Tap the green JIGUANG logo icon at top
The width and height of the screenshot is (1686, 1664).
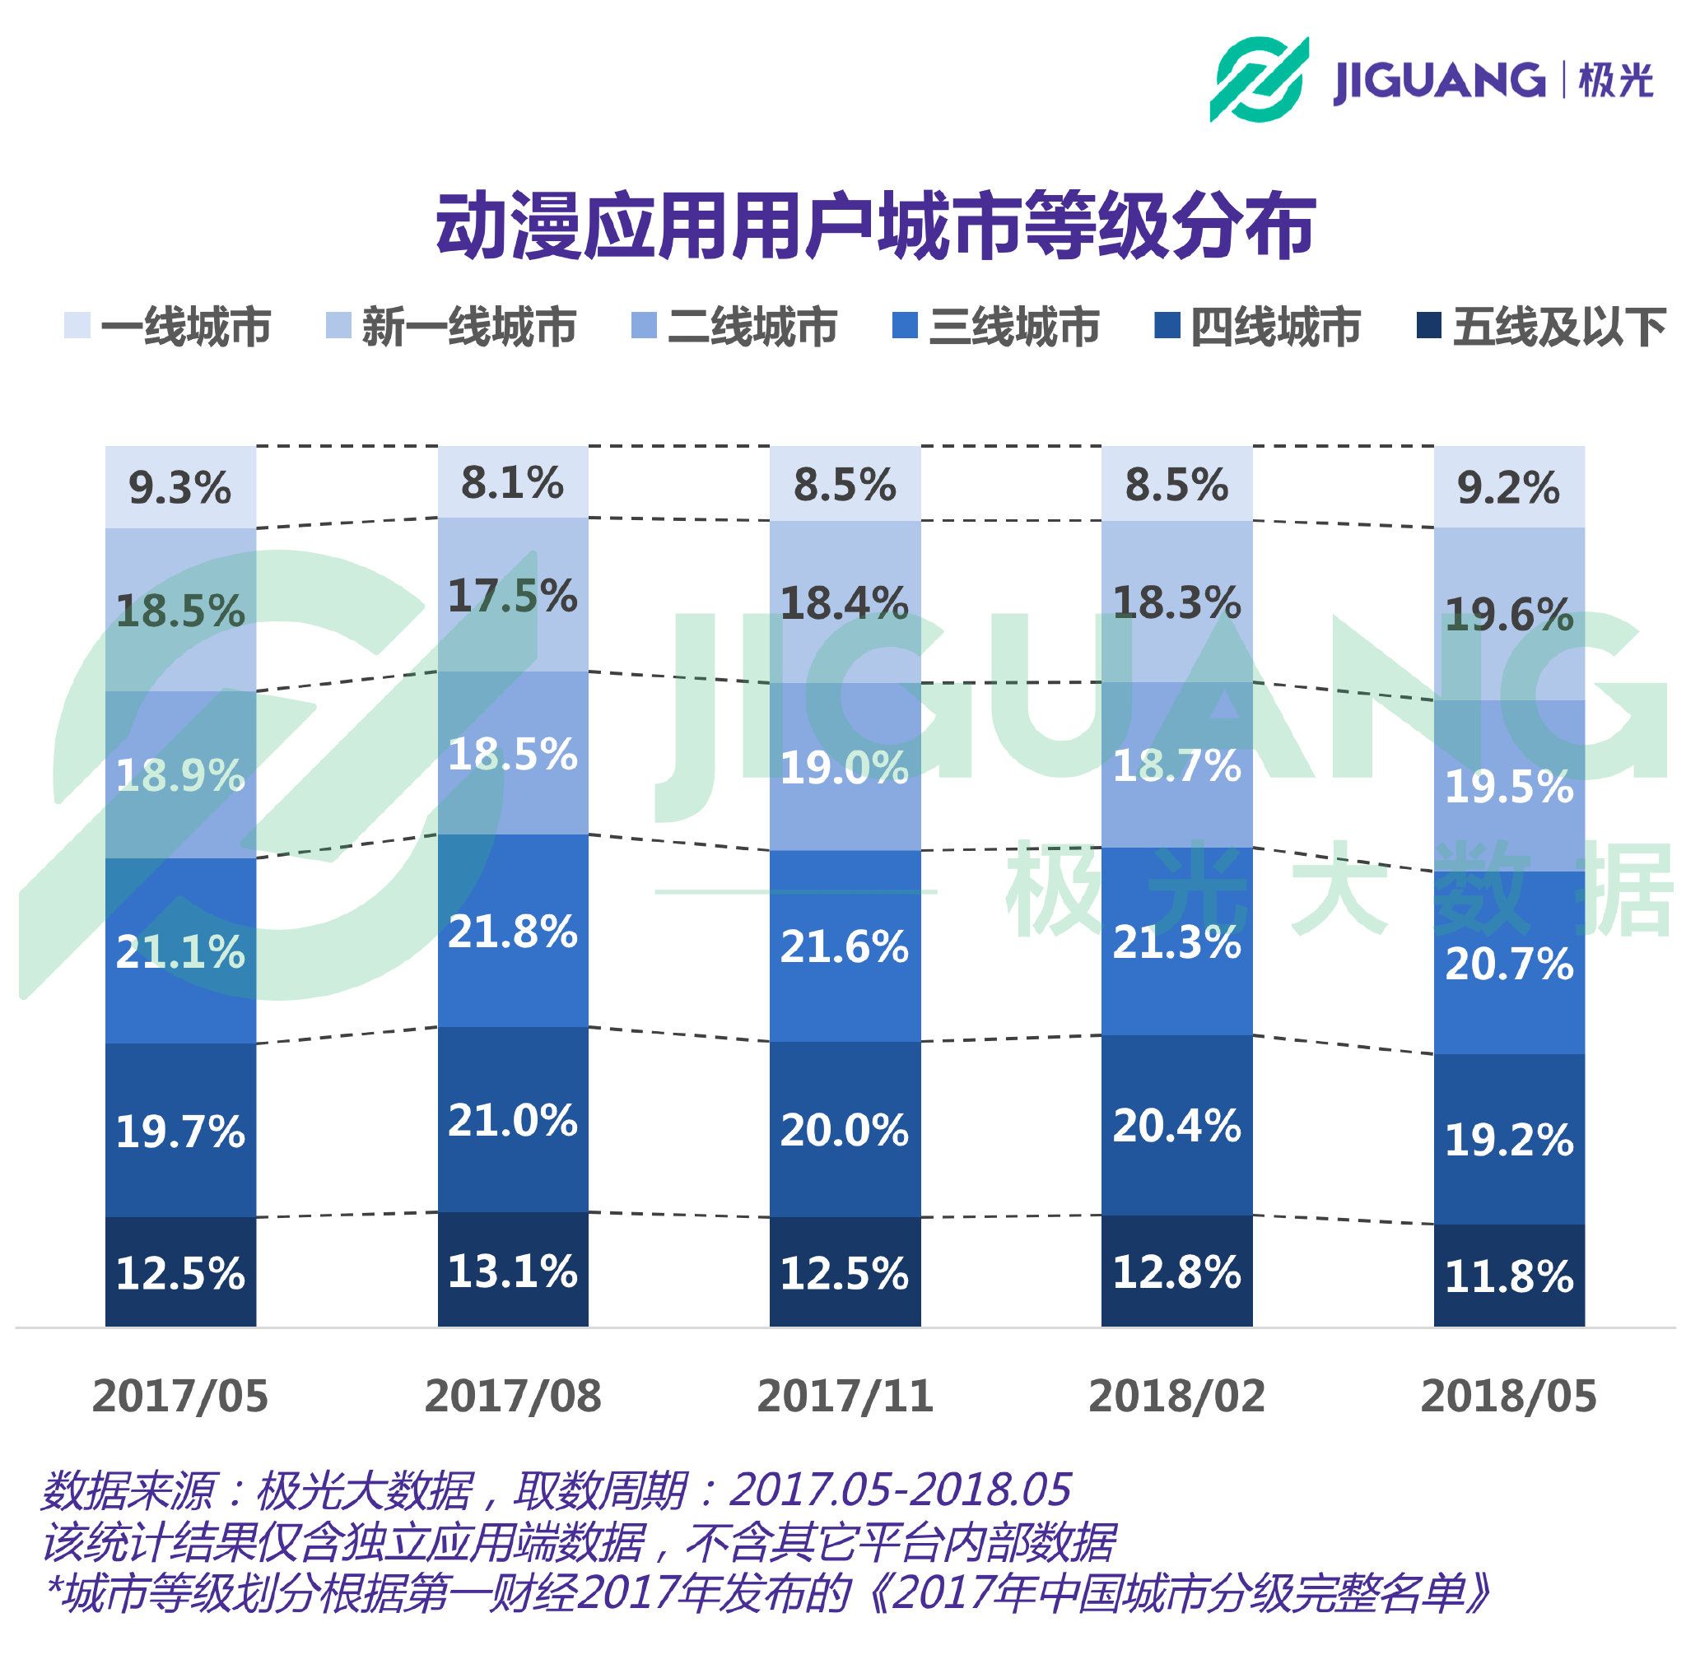[1258, 78]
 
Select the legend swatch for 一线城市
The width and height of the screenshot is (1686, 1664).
[77, 324]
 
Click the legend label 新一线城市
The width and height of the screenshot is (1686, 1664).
[468, 327]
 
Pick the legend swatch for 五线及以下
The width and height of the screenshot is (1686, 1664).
[1428, 324]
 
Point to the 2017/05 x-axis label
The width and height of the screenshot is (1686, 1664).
[179, 1396]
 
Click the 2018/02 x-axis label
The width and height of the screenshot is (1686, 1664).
[1176, 1396]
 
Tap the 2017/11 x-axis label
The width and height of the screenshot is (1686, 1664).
[845, 1396]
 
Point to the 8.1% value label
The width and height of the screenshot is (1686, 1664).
[512, 482]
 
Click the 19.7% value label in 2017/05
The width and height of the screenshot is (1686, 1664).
[180, 1132]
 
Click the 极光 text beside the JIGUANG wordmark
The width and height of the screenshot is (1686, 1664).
[1615, 81]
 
